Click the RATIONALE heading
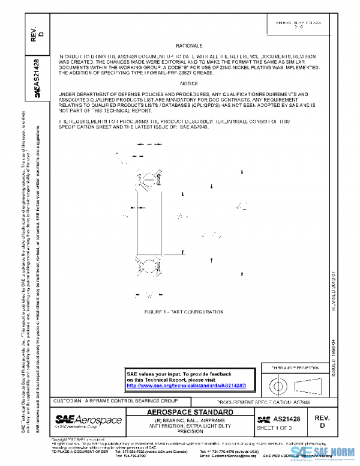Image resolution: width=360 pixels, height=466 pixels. pyautogui.click(x=189, y=46)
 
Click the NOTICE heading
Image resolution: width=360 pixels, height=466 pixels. pyautogui.click(x=189, y=83)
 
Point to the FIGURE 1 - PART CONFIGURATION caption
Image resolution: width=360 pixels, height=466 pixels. pyautogui.click(x=184, y=313)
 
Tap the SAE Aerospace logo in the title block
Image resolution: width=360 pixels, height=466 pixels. pyautogui.click(x=88, y=420)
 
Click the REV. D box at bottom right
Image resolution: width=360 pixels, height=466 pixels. pyautogui.click(x=318, y=421)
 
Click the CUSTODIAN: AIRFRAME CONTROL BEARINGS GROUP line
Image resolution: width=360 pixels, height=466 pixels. pyautogui.click(x=116, y=400)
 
